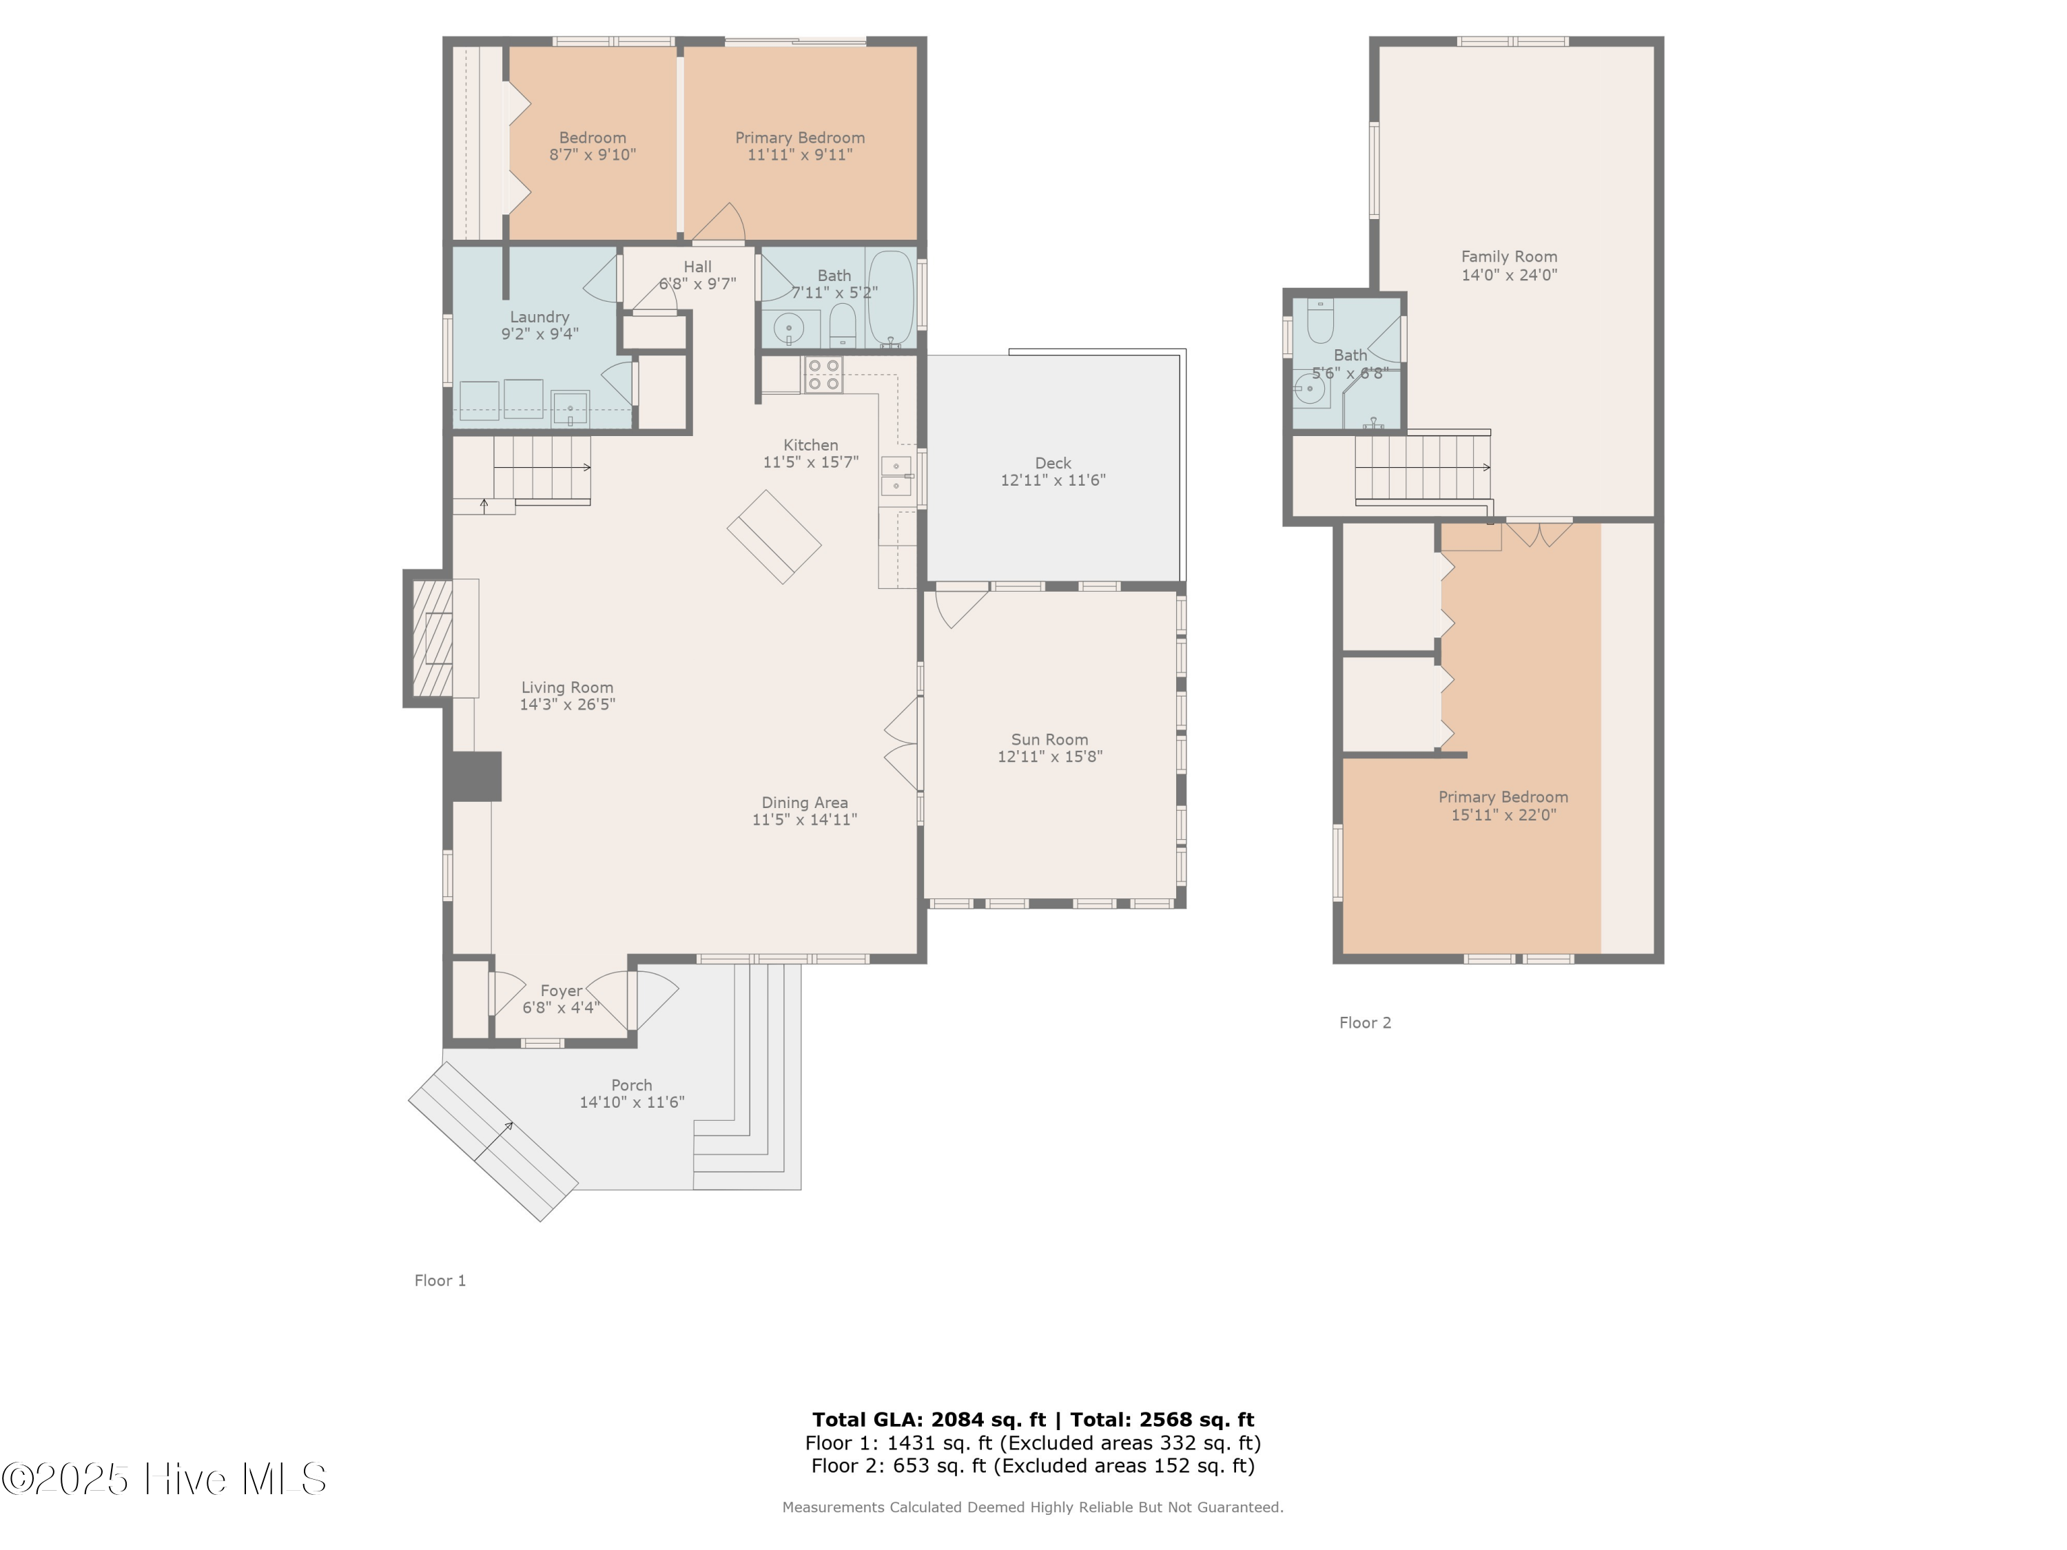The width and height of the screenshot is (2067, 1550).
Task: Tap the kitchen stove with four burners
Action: pos(823,375)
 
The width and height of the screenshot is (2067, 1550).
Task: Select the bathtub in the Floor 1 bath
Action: pos(890,298)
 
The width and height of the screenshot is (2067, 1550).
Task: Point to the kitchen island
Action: pos(774,537)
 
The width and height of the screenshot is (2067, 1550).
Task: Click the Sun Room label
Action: pos(1049,739)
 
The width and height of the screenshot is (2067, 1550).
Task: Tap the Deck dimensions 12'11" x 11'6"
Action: pos(1052,480)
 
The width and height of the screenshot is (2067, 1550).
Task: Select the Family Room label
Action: pos(1508,256)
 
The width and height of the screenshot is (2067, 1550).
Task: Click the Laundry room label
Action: pos(539,317)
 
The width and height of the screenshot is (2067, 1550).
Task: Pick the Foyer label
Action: pos(561,991)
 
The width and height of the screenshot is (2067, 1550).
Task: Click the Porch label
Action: pos(632,1085)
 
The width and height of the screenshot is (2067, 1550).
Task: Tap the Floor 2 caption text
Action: pos(1364,1022)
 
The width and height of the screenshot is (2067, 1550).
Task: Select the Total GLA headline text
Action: pos(1033,1420)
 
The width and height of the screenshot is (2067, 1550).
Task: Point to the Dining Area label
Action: pos(805,803)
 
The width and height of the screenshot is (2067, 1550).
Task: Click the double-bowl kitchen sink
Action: pos(895,475)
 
